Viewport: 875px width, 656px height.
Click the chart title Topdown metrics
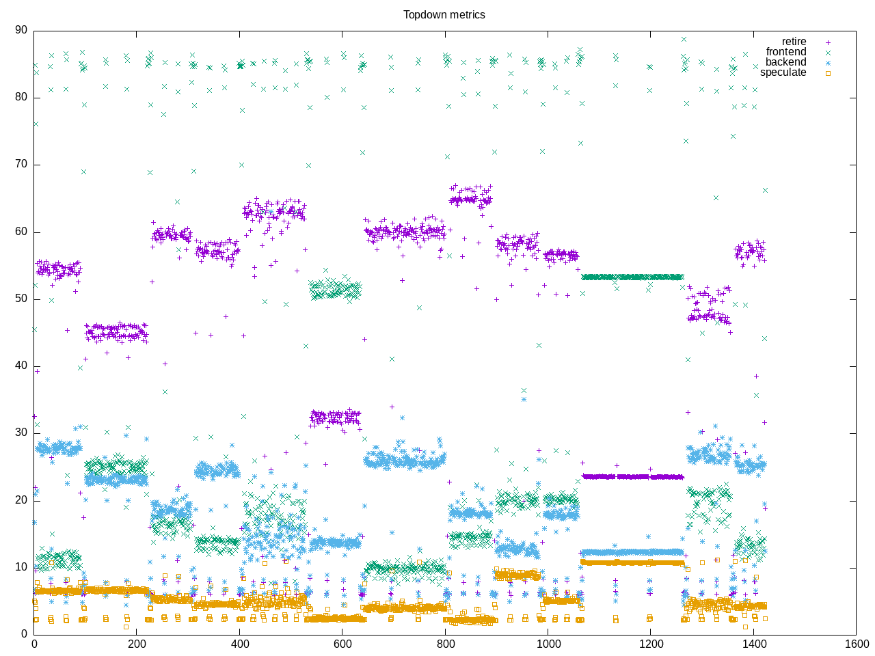[x=444, y=14]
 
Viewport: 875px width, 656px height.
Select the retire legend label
[x=794, y=42]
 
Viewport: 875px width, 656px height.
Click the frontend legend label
[x=785, y=52]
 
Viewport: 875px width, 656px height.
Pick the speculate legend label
[x=783, y=72]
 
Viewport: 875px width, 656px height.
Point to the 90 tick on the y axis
[x=21, y=30]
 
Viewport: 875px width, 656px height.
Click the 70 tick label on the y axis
[x=21, y=164]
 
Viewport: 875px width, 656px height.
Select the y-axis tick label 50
[x=21, y=299]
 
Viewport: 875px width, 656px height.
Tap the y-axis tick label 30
[x=21, y=433]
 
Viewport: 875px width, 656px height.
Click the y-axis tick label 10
[x=21, y=567]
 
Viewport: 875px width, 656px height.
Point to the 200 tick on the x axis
[x=137, y=644]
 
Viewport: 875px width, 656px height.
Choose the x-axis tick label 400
[x=239, y=644]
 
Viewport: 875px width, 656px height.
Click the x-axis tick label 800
[x=445, y=644]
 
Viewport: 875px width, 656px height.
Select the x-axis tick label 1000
[x=548, y=644]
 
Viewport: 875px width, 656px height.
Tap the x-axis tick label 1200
[x=651, y=644]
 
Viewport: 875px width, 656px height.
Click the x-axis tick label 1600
[x=856, y=644]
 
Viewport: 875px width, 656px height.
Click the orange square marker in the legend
[x=828, y=73]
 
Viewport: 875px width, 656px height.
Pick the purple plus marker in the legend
[x=828, y=42]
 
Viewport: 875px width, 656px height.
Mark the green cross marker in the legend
[x=828, y=53]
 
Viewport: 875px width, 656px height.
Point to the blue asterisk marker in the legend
[x=828, y=63]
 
